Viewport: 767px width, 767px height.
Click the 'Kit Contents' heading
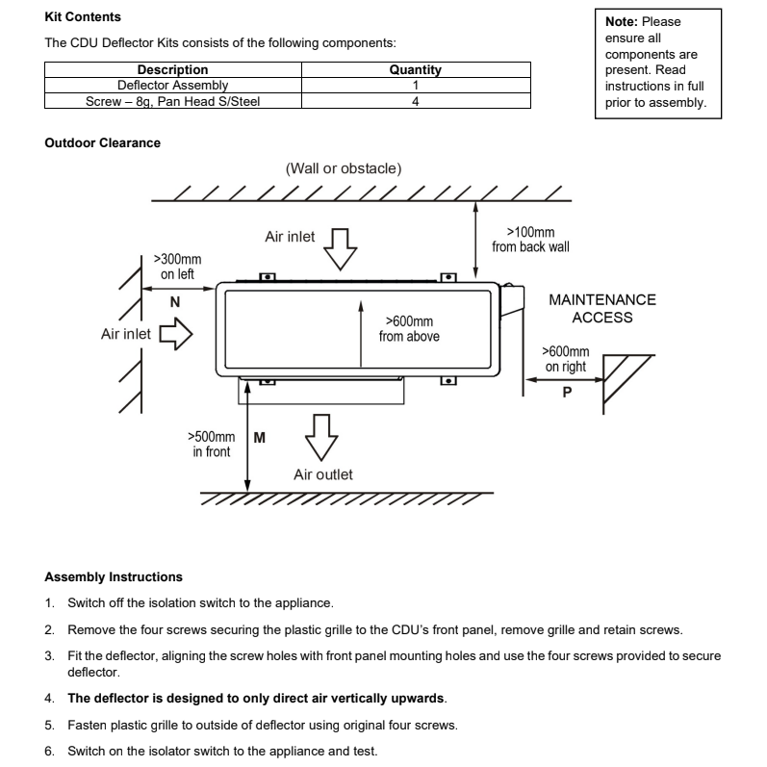pos(83,16)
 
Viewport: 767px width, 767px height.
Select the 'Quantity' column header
pos(416,69)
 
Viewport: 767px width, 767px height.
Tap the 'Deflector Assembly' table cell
pos(172,85)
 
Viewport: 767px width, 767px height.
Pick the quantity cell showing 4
pos(416,101)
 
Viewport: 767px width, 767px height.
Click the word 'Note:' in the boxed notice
pos(622,21)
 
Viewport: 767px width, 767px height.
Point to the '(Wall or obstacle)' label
pos(344,168)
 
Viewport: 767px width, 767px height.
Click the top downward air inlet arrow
pos(340,249)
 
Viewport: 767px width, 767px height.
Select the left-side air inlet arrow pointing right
pos(176,334)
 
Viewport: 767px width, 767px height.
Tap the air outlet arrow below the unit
pos(321,438)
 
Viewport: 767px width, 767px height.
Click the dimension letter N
pos(174,302)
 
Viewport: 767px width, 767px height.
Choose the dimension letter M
pos(259,437)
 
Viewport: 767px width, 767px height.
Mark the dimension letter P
pos(567,393)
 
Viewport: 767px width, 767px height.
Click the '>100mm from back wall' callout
pos(530,240)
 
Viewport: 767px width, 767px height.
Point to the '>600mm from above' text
pos(409,329)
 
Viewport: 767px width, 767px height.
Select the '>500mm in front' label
pos(212,444)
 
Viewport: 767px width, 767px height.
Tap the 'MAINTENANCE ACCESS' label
pos(602,308)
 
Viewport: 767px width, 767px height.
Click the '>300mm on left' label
pos(177,267)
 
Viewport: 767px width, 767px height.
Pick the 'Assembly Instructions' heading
pos(114,576)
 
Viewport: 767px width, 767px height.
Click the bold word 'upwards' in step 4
pos(418,698)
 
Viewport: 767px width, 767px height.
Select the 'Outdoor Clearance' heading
pos(103,142)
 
